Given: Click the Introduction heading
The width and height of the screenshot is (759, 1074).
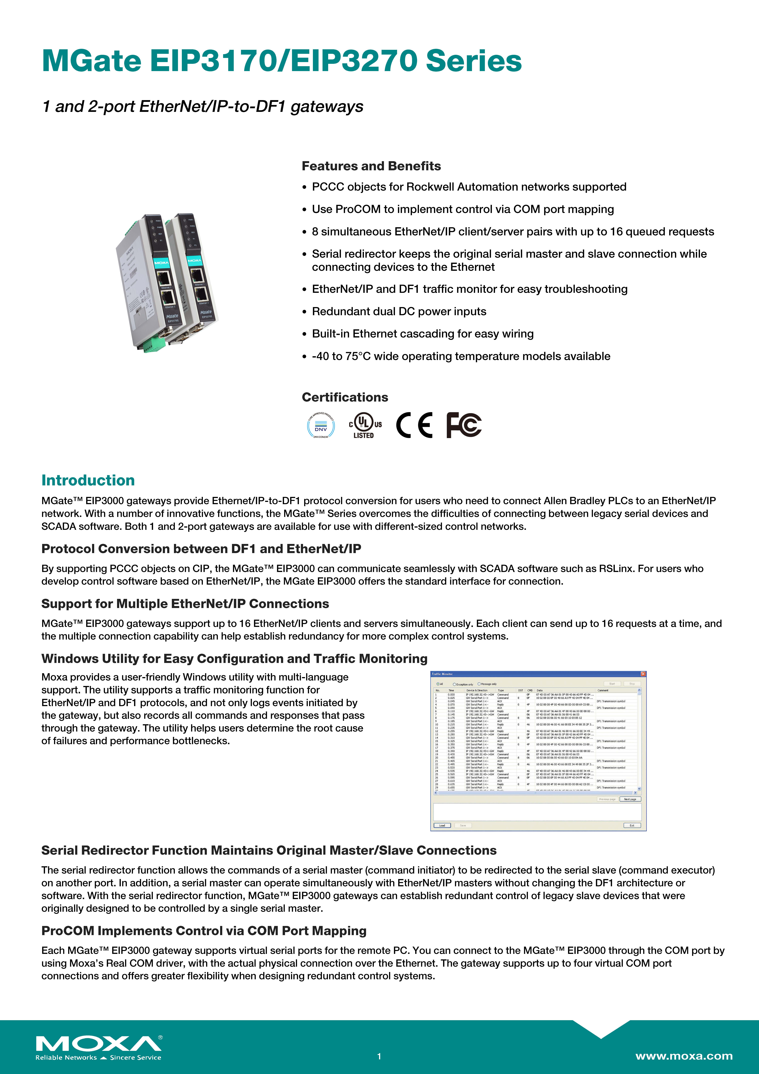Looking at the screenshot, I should pos(88,480).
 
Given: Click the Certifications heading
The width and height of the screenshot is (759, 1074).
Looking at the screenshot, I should pos(345,397).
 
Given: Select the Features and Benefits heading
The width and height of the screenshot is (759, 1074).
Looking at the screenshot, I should pos(371,166).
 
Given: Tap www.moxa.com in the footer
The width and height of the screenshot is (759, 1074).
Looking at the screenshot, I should pos(684,1056).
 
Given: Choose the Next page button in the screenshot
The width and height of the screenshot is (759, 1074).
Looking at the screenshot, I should pos(630,799).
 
